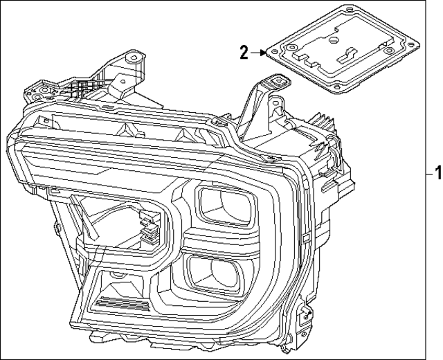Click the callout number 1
436,171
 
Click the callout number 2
244,51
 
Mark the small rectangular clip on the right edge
306,239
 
